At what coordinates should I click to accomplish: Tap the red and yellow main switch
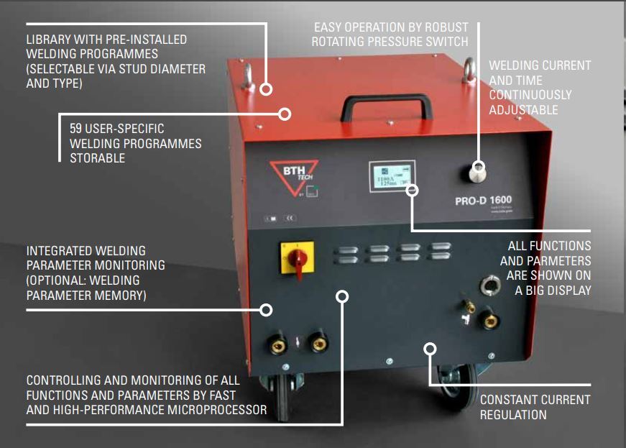[x=296, y=258]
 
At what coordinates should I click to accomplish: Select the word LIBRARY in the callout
[x=49, y=40]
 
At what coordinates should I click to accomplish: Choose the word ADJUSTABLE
[x=523, y=110]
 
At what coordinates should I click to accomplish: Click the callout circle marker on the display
[x=412, y=190]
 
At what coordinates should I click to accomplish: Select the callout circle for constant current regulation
[x=431, y=349]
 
